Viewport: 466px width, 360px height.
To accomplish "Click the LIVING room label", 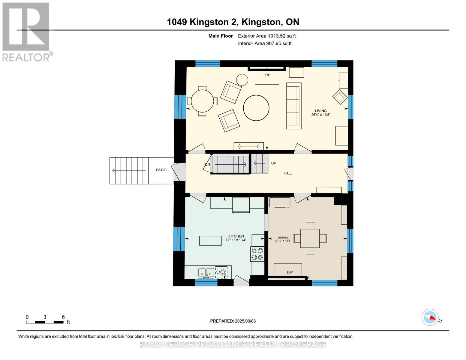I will [x=320, y=111].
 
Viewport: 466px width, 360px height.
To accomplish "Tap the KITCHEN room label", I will [x=236, y=236].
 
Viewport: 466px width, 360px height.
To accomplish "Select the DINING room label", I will [x=283, y=238].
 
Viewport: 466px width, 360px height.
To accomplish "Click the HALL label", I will [x=288, y=173].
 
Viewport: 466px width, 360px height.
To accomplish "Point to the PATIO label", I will [x=161, y=170].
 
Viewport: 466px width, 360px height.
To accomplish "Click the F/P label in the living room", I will [x=267, y=75].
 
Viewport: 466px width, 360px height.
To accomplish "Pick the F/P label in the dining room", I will [x=290, y=272].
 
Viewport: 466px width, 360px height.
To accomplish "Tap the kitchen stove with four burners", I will [x=257, y=254].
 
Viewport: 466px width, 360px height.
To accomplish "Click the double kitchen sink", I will [x=206, y=273].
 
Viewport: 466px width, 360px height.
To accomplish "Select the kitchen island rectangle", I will [x=210, y=241].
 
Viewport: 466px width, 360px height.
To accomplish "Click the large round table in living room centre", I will [x=256, y=108].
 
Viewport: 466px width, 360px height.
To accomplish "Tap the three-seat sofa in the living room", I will [x=294, y=106].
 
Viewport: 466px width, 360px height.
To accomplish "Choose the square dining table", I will [x=310, y=238].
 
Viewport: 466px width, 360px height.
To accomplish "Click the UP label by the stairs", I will [x=273, y=163].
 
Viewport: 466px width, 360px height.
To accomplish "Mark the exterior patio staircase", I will [x=129, y=171].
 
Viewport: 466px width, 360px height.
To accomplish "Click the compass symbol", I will [x=430, y=317].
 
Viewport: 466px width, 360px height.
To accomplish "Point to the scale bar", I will [x=45, y=322].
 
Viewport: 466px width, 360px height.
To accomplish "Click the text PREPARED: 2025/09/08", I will [x=233, y=321].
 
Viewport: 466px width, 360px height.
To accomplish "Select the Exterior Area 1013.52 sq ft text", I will [x=267, y=36].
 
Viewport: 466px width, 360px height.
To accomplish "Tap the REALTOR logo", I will [x=26, y=31].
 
